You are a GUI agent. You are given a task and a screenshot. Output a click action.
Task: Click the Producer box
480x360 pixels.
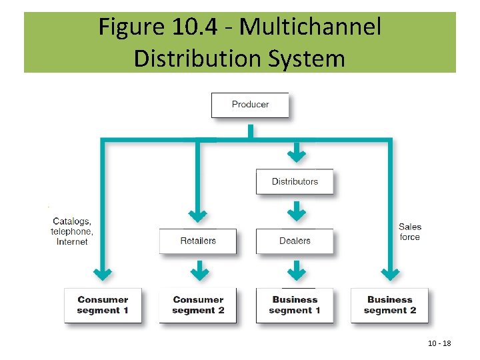coord(250,105)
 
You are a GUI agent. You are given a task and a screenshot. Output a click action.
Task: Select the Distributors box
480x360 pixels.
coord(295,181)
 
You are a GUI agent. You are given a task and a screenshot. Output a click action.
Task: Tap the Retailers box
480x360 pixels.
coord(198,241)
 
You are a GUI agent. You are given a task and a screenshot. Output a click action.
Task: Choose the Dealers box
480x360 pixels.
coord(295,241)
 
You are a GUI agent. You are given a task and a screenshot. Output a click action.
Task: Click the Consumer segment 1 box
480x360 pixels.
coord(103,305)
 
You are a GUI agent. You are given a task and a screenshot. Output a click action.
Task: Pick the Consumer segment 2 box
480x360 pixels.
coord(198,305)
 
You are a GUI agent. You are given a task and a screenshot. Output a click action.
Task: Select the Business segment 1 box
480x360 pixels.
coord(295,305)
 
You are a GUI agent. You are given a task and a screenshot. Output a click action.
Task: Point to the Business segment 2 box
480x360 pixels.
coord(391,305)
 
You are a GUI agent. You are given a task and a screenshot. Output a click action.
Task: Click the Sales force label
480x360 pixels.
coord(410,232)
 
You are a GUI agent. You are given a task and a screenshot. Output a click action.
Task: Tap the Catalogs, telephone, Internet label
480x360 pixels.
coord(72,231)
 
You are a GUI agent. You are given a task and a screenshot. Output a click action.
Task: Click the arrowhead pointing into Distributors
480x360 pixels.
coord(296,156)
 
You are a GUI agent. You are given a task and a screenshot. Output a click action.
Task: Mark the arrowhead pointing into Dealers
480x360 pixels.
coord(296,215)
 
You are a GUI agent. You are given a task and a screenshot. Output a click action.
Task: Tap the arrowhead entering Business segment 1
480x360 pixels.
coord(296,273)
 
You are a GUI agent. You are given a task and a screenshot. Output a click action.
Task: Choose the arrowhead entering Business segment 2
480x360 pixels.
coord(391,273)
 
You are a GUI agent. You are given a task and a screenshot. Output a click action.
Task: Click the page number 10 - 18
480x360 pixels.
coord(439,343)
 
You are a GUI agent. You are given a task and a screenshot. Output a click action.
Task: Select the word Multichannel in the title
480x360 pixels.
coord(310,27)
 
